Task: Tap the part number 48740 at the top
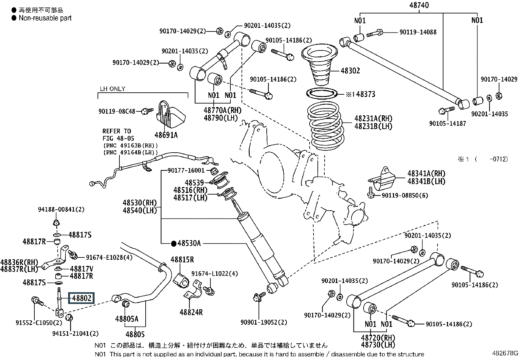coord(419,5)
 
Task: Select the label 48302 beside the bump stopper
coord(350,70)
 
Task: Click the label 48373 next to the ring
coord(366,94)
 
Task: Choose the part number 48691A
coord(166,135)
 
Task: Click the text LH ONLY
coord(113,89)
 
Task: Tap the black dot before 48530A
coord(173,244)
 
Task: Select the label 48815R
coord(182,260)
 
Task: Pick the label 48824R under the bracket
coord(191,312)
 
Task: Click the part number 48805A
coord(127,318)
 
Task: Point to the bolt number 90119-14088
coord(418,32)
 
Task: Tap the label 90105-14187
coord(447,123)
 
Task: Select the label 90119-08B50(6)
coord(405,195)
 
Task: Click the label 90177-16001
coord(186,170)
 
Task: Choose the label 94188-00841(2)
coord(61,209)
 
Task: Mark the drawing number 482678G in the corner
coord(505,353)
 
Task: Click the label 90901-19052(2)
coord(264,322)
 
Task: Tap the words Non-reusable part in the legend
coord(45,18)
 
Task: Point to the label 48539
coord(194,182)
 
